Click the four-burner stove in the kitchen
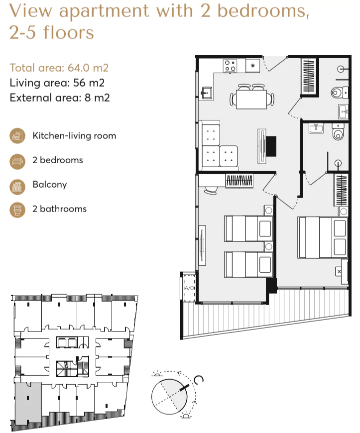[x=230, y=66]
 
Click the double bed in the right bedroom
[x=322, y=237]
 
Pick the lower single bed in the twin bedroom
[x=248, y=264]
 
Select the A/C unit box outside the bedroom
[x=189, y=288]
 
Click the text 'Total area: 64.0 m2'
[x=59, y=68]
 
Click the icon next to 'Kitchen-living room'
[x=17, y=136]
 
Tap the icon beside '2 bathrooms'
[x=17, y=210]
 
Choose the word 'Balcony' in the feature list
[x=49, y=185]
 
